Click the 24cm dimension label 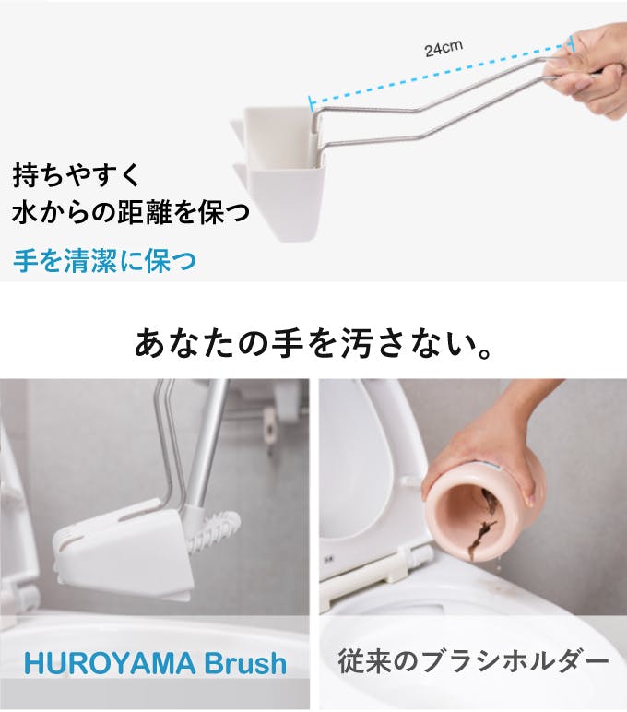[444, 49]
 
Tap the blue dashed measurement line [441, 73]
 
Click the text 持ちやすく [77, 175]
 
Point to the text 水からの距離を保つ [131, 212]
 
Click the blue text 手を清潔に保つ [105, 261]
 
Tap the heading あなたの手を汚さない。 [313, 342]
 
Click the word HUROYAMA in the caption [110, 663]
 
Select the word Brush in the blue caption [245, 663]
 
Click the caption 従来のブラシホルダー [474, 661]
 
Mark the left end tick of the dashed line [311, 103]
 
